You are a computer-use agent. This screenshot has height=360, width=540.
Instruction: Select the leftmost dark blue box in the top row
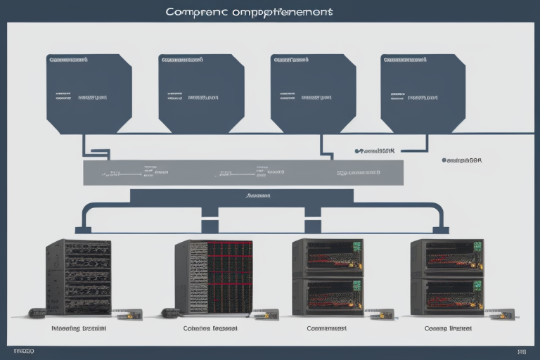pos(89,93)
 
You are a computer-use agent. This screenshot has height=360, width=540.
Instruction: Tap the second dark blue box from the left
pos(201,93)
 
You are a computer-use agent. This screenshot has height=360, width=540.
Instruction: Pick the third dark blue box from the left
pos(312,93)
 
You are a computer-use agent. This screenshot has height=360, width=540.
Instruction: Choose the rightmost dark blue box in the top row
pos(423,93)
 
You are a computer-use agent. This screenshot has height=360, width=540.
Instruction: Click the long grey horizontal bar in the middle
pos(243,172)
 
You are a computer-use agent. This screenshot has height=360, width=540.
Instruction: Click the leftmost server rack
pos(78,277)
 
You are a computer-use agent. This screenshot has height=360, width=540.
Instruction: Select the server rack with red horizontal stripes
pos(214,277)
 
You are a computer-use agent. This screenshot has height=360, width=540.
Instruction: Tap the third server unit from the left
pos(328,277)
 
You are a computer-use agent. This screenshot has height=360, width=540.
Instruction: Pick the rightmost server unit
pos(446,277)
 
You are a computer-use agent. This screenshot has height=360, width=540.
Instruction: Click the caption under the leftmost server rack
pos(78,328)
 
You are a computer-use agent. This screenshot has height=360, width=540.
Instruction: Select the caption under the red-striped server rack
pos(210,328)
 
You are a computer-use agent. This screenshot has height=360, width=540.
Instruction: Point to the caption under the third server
pos(327,328)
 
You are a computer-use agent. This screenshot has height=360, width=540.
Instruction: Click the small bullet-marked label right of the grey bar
pos(461,160)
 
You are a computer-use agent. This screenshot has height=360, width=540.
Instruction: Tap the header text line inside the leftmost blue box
pos(68,60)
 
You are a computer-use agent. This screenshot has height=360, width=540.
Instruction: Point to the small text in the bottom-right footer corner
pos(521,350)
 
